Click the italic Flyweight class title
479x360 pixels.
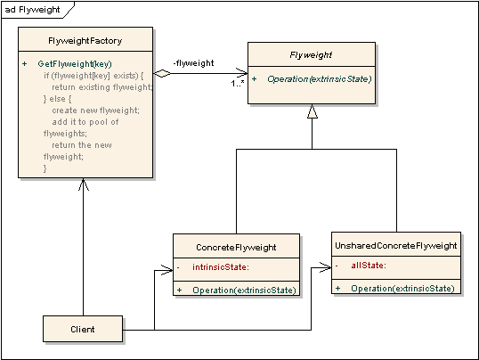click(x=311, y=55)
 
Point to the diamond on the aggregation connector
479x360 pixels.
click(x=161, y=73)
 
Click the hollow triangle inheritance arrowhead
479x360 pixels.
click(x=311, y=111)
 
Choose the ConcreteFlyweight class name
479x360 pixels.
click(x=236, y=247)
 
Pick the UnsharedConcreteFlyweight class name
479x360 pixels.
click(x=396, y=245)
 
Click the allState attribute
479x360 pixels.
click(x=367, y=266)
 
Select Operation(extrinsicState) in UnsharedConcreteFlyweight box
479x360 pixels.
click(x=402, y=288)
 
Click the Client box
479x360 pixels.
click(x=83, y=330)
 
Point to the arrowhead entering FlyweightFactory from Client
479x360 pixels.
click(x=83, y=183)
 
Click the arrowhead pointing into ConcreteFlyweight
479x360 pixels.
click(x=167, y=267)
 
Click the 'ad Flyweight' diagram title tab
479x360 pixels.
click(x=28, y=9)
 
